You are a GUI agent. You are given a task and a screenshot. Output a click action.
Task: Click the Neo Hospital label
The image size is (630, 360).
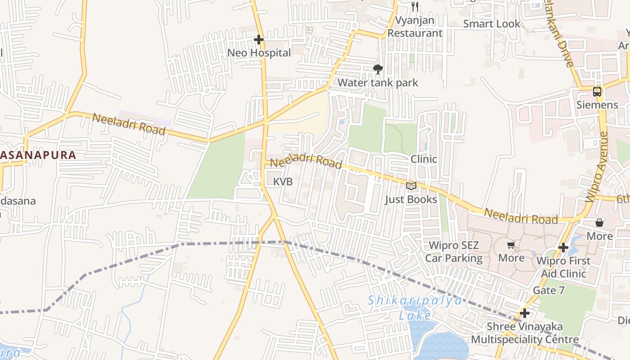point(259,53)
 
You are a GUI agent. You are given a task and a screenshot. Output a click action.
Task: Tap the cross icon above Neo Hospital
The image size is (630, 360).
point(258,40)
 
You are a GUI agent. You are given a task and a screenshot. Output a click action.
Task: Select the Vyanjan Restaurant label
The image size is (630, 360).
point(415,27)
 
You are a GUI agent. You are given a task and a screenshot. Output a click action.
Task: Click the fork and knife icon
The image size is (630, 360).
point(415,7)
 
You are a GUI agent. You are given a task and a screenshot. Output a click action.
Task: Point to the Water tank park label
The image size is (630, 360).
point(378,83)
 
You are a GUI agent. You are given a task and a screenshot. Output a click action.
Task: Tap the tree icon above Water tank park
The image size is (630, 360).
point(378,69)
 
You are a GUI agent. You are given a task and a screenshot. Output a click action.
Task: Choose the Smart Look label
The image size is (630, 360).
point(491,24)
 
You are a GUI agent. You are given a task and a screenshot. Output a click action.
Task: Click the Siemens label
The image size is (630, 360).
point(597,105)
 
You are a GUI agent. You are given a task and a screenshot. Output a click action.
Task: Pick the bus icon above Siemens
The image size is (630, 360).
point(597,92)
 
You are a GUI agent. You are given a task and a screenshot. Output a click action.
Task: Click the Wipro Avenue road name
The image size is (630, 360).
point(596,167)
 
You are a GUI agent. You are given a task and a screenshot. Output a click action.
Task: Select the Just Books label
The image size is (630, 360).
point(410,199)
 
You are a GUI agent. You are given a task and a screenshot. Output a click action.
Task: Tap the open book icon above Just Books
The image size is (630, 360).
point(411,186)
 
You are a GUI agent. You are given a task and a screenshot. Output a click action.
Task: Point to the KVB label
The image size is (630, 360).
point(283,182)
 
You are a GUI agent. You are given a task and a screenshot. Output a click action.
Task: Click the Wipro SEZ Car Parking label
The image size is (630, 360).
point(454,252)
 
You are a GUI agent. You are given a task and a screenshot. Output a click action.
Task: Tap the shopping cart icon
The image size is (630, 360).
point(511,245)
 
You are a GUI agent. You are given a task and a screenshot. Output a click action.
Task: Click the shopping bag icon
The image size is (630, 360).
point(599,223)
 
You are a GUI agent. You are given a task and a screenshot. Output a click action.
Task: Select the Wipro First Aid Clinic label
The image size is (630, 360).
point(563,267)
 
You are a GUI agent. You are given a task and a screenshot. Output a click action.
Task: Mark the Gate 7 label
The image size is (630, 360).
point(548,291)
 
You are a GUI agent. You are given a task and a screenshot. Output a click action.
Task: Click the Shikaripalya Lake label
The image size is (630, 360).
point(415,307)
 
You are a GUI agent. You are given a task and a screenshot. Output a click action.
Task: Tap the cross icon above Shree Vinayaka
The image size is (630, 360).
point(524,313)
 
